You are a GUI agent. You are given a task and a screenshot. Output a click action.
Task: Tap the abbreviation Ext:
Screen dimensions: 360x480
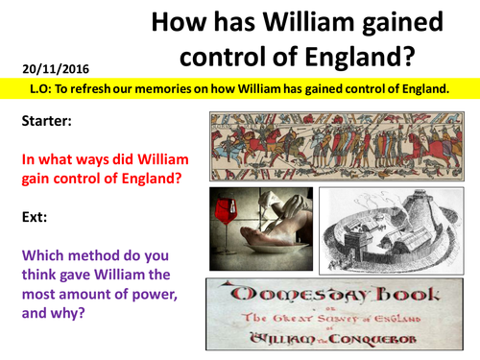click(x=33, y=217)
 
